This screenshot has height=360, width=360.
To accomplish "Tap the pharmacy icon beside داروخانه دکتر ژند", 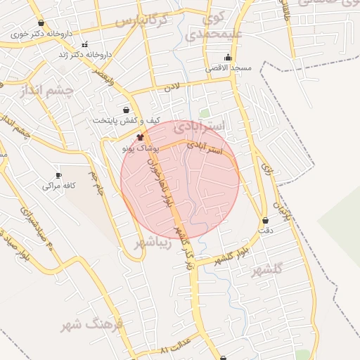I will coord(84,45).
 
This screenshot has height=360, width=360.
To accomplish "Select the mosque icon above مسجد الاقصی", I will coord(227,58).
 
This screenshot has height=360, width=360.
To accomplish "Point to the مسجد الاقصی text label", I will coord(229,68).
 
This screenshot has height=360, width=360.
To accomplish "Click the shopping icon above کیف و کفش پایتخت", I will coord(126,110).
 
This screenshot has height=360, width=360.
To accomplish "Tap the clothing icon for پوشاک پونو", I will coord(140,137).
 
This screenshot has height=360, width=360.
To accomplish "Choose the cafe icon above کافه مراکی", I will coord(58,175).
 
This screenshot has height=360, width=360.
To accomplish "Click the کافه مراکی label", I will coord(58,186).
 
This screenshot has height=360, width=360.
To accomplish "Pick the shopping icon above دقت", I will coord(265,220).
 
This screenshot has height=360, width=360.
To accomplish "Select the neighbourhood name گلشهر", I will coord(266,269).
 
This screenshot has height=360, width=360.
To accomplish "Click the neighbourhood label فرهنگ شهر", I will coord(91,324).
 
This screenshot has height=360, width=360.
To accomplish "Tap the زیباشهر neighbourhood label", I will coord(152,243).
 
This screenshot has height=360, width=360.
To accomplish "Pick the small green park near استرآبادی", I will coord(205,112).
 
